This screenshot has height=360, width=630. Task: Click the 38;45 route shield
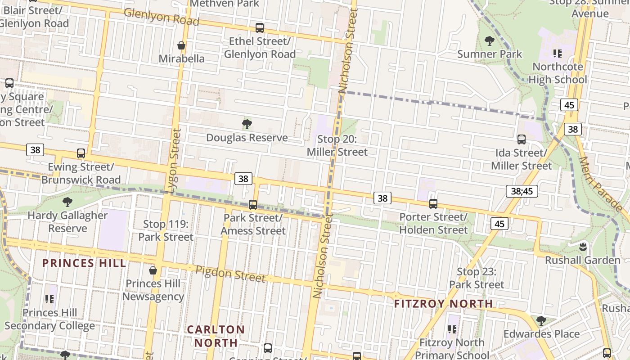(x=522, y=191)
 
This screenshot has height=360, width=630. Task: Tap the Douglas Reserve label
(x=247, y=138)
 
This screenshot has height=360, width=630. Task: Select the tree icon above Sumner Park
(x=490, y=41)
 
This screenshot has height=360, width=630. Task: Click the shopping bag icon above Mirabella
(x=181, y=45)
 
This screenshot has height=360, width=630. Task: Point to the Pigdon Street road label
(x=230, y=274)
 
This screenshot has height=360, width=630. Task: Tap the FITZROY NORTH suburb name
(x=443, y=304)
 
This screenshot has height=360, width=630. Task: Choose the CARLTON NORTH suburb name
(x=216, y=336)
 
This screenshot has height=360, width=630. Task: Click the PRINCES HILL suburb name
(x=84, y=263)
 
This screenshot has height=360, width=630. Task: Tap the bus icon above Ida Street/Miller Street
(x=522, y=139)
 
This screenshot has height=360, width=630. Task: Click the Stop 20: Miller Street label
(x=337, y=146)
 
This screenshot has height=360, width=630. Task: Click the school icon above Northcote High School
(x=558, y=54)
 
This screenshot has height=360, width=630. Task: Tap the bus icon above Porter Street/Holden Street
(x=433, y=204)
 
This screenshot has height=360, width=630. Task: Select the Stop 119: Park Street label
(x=166, y=230)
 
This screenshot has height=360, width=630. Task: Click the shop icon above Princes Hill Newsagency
(x=153, y=270)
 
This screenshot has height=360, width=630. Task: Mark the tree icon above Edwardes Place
(x=541, y=321)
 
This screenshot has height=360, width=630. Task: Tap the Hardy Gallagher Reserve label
(x=67, y=222)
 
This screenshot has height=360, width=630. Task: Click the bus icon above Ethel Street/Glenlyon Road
(x=260, y=28)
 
